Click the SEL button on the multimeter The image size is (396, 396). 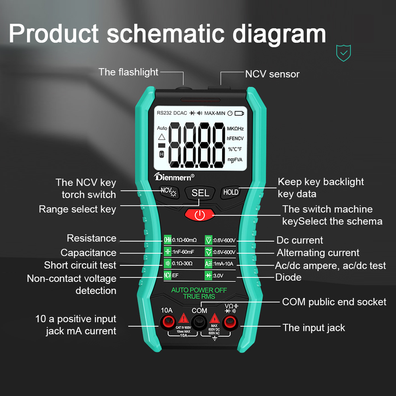click(x=200, y=193)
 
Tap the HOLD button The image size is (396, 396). click(x=230, y=192)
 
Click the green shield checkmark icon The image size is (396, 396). click(x=343, y=53)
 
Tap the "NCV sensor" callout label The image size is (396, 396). click(x=272, y=74)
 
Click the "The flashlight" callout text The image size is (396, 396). click(x=128, y=72)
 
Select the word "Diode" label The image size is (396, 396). click(x=288, y=277)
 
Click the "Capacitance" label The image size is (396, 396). click(x=88, y=253)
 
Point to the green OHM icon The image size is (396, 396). click(x=168, y=240)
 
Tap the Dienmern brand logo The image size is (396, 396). click(x=174, y=177)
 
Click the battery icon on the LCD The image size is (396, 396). click(x=240, y=113)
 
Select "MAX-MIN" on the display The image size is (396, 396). click(x=215, y=113)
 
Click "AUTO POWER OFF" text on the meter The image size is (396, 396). click(x=199, y=290)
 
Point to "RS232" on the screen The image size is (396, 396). click(x=164, y=113)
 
